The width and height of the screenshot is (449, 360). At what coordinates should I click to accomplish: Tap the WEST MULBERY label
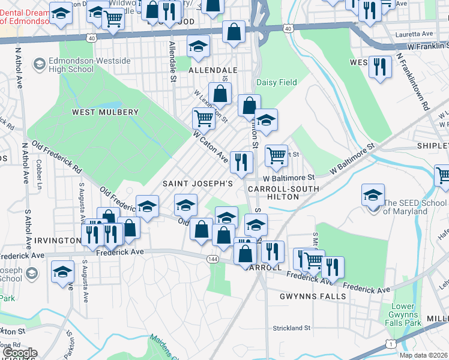coord(105,112)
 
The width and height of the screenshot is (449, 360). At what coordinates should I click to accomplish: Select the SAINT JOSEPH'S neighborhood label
coord(197,183)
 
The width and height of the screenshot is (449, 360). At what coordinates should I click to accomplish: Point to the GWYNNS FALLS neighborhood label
coord(312,296)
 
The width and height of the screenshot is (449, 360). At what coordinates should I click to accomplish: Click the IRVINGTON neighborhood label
coord(58,241)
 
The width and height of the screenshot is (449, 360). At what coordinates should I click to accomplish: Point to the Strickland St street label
coord(291,328)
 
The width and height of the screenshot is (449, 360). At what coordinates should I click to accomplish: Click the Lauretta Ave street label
coord(414,34)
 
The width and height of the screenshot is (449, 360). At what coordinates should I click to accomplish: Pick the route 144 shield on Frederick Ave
coord(212,259)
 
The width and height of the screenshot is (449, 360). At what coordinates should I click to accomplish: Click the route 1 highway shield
coord(391,343)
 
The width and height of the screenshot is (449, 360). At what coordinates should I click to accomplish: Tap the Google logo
coord(20,353)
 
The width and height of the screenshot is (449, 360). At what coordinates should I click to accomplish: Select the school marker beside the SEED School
coord(373,195)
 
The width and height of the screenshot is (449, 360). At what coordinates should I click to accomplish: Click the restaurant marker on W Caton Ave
coord(241,162)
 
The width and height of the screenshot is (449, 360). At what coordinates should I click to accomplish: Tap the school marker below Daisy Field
coord(266,120)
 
